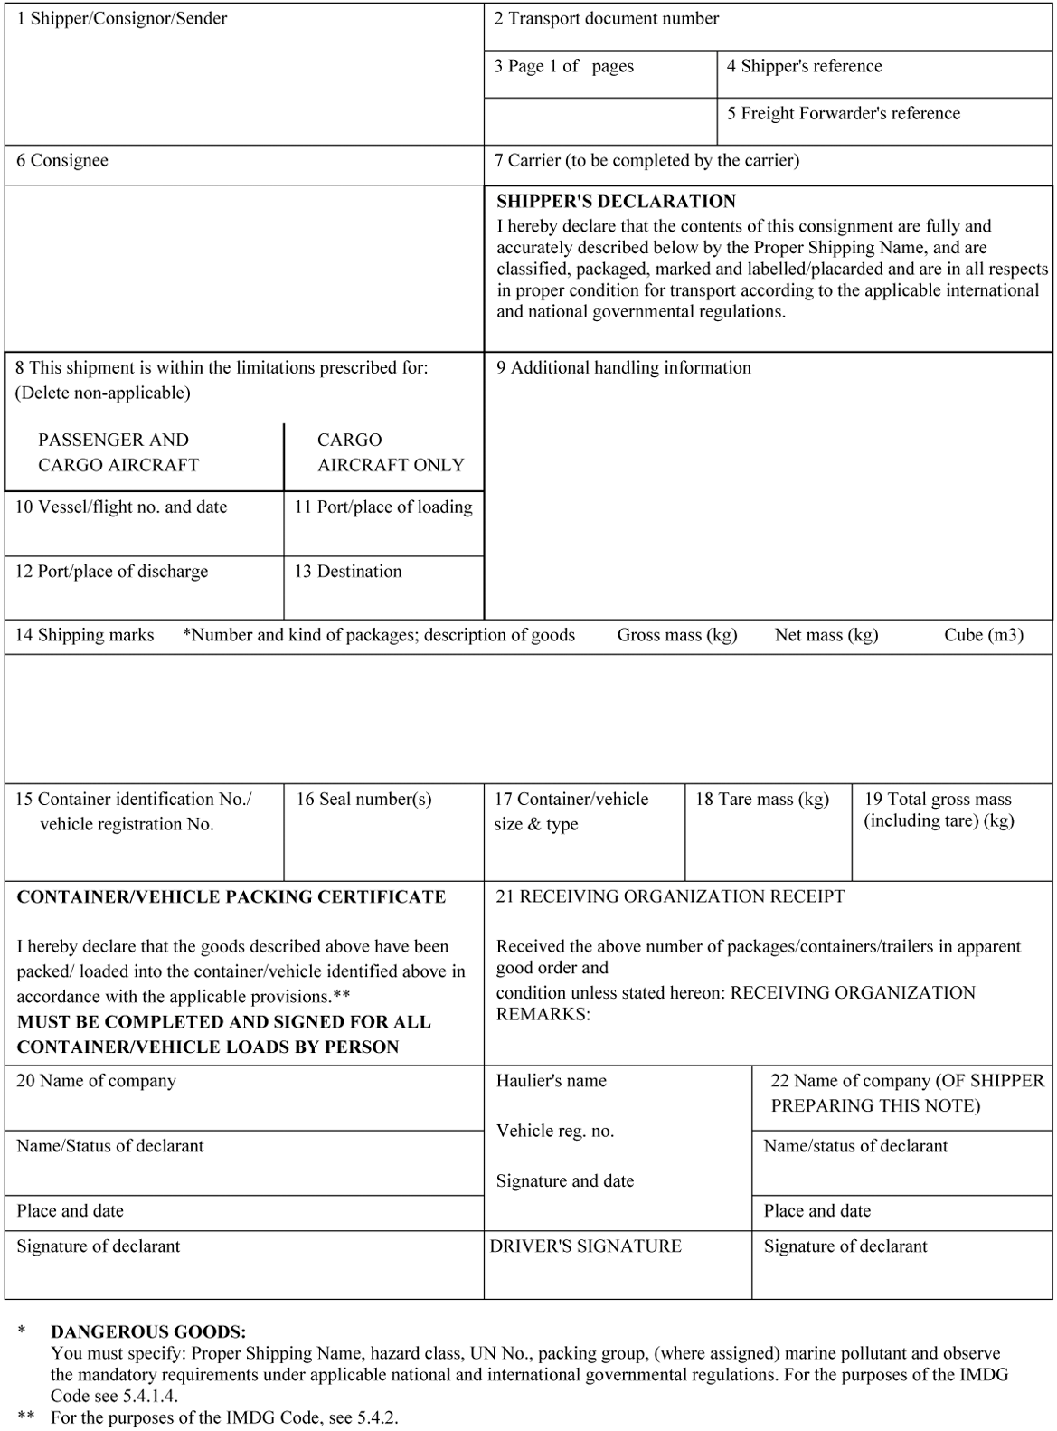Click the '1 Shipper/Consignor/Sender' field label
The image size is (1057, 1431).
pyautogui.click(x=122, y=19)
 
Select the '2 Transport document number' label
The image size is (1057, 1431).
pyautogui.click(x=606, y=19)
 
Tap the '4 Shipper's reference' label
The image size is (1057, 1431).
pyautogui.click(x=804, y=66)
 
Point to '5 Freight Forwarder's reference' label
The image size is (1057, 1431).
pyautogui.click(x=844, y=113)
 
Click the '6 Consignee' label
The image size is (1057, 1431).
pyautogui.click(x=62, y=161)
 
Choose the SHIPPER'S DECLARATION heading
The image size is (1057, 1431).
pyautogui.click(x=616, y=202)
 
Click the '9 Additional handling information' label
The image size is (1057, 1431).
pyautogui.click(x=623, y=368)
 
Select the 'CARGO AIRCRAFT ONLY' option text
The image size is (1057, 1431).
pyautogui.click(x=390, y=452)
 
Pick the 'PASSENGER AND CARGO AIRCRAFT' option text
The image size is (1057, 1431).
pyautogui.click(x=118, y=452)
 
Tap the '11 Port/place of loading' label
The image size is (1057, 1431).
pyautogui.click(x=383, y=507)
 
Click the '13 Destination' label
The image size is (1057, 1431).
pyautogui.click(x=348, y=572)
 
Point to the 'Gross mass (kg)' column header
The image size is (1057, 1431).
pyautogui.click(x=677, y=635)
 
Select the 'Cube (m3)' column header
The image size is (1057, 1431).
pyautogui.click(x=984, y=635)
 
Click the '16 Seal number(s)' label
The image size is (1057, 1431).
pyautogui.click(x=363, y=800)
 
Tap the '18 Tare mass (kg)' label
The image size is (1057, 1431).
pyautogui.click(x=762, y=800)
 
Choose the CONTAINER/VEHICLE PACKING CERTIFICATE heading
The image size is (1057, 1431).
pyautogui.click(x=231, y=897)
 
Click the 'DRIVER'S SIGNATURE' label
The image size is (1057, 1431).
pyautogui.click(x=586, y=1246)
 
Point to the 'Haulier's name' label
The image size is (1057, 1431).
pyautogui.click(x=552, y=1081)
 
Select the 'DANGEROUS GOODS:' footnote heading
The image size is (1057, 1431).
pyautogui.click(x=148, y=1332)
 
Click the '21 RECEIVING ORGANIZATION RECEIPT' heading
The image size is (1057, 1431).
pyautogui.click(x=670, y=897)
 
